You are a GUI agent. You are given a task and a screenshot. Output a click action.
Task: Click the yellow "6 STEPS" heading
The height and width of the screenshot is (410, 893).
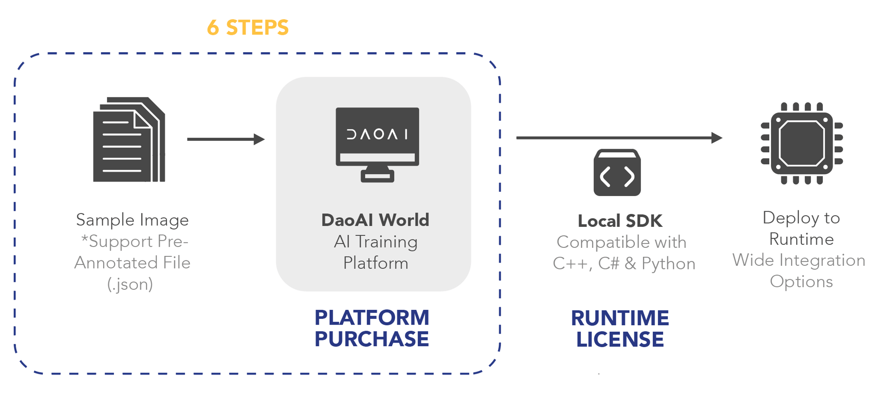(x=248, y=28)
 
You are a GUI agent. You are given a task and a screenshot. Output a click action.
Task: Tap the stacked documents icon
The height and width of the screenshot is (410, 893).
(x=129, y=139)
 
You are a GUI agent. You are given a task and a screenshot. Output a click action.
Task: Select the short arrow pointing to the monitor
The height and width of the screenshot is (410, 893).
(x=225, y=139)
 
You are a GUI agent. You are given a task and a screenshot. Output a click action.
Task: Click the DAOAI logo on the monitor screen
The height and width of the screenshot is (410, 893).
(x=377, y=134)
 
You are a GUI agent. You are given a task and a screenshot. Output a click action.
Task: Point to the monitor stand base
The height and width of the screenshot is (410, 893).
(x=377, y=177)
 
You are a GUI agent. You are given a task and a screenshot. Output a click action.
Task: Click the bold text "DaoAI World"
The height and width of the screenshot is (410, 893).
(x=375, y=220)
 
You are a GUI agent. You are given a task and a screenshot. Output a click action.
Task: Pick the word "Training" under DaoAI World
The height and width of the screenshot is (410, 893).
(x=386, y=242)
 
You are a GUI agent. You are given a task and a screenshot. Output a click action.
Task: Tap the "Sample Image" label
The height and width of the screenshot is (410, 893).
(x=132, y=220)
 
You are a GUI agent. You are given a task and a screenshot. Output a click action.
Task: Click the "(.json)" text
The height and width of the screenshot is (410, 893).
(x=130, y=284)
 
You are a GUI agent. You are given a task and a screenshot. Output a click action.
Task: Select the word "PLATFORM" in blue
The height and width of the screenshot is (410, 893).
(x=371, y=318)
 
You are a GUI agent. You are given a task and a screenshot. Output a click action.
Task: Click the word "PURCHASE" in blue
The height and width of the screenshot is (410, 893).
(x=371, y=339)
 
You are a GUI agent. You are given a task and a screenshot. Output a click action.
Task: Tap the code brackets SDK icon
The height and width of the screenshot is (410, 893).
(x=617, y=173)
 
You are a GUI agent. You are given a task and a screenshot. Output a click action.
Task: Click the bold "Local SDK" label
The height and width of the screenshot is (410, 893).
(x=620, y=221)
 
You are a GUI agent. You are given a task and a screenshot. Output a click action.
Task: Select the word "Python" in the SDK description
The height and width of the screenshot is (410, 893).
(x=668, y=264)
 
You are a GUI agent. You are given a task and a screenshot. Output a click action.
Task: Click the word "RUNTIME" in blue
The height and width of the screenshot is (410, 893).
(x=620, y=318)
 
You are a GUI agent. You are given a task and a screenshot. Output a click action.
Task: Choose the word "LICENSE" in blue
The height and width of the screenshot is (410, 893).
(x=620, y=340)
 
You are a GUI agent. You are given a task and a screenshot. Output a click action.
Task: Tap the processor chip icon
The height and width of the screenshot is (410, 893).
(x=801, y=143)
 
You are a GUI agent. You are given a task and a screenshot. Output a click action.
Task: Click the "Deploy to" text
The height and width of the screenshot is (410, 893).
(x=801, y=218)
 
